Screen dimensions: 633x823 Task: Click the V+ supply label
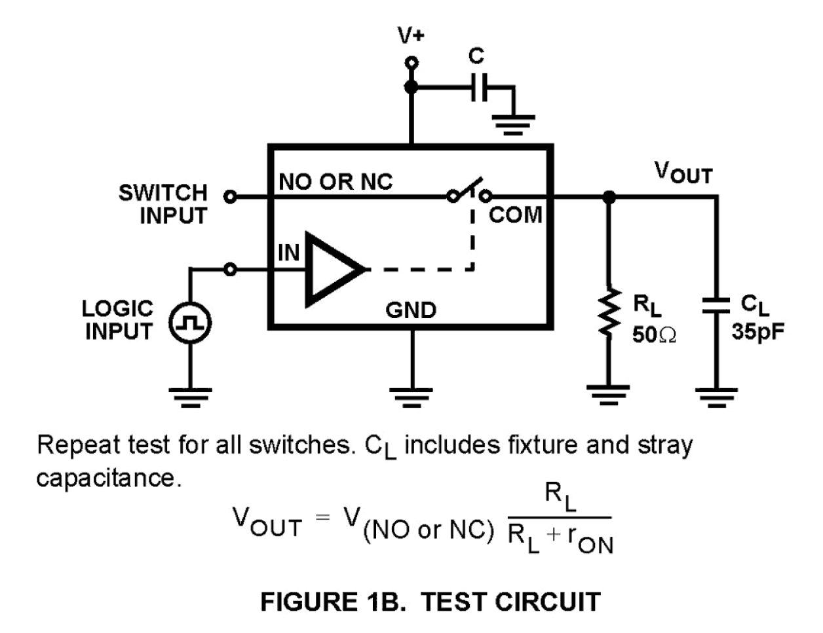(411, 35)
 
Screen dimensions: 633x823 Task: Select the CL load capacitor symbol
(716, 305)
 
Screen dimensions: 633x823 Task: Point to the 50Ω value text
(653, 335)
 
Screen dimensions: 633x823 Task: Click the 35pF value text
(757, 331)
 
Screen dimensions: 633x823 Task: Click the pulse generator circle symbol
(190, 323)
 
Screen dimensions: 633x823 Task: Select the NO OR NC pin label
(335, 182)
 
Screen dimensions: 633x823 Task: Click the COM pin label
(516, 215)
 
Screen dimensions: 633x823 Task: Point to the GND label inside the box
(411, 310)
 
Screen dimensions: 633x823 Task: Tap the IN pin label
(288, 253)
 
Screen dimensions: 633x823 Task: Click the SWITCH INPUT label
(163, 204)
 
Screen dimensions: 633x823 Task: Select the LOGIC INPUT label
(118, 320)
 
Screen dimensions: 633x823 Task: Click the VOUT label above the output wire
(683, 173)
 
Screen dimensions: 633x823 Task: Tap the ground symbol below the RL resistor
(609, 394)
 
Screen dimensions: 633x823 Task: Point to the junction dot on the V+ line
(411, 88)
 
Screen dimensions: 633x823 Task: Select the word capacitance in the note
(107, 479)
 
